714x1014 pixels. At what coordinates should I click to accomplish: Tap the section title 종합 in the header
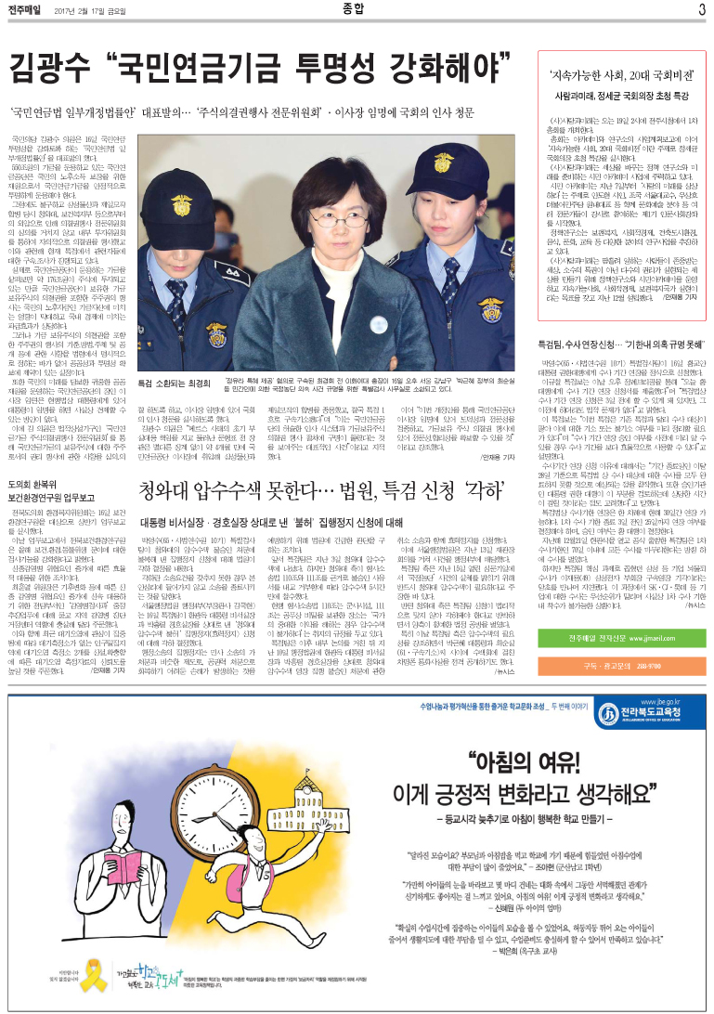click(357, 10)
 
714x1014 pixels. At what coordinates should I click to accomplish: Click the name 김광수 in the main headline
click(52, 68)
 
